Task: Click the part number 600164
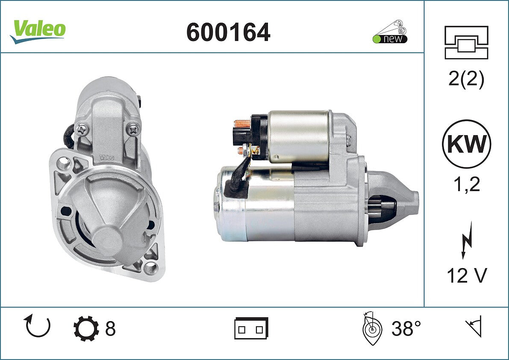[228, 32]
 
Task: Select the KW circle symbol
[466, 144]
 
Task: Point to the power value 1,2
[467, 184]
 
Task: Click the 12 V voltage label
[467, 275]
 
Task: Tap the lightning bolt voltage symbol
[467, 240]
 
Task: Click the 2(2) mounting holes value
[466, 79]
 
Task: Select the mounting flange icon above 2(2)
[466, 42]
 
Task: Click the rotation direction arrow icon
[37, 326]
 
